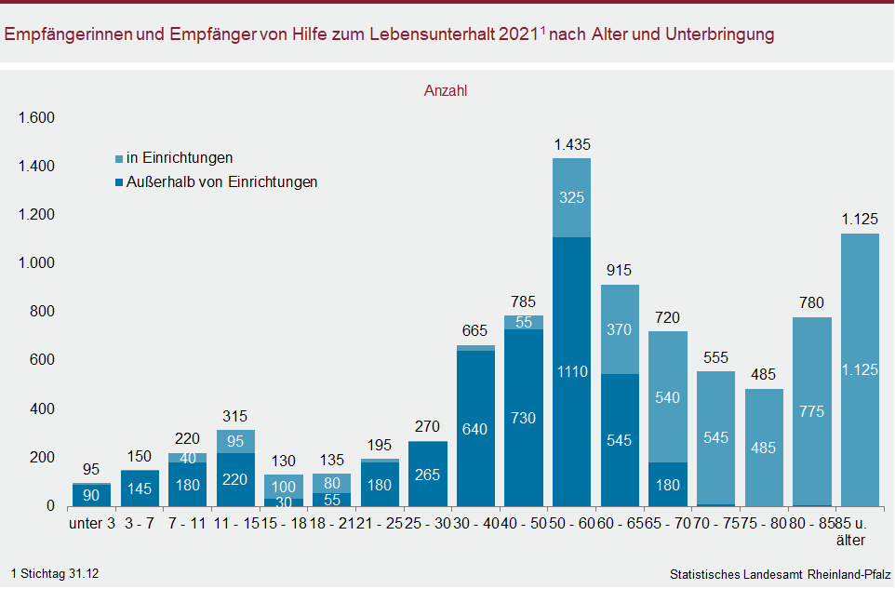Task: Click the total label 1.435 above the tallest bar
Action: coord(572,145)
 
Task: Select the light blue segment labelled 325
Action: coord(572,197)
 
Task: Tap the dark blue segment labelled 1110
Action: coord(572,372)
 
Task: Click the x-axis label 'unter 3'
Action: coord(92,524)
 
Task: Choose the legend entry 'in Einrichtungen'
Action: coord(180,158)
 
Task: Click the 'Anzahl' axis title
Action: coord(446,91)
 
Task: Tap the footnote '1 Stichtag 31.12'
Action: coord(55,574)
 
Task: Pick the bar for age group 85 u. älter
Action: coord(860,370)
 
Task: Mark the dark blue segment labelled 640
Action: coord(475,429)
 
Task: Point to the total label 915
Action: coord(620,271)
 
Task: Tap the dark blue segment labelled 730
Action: coord(524,418)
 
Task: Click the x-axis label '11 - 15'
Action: coord(236,524)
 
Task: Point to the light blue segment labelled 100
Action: coord(284,486)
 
